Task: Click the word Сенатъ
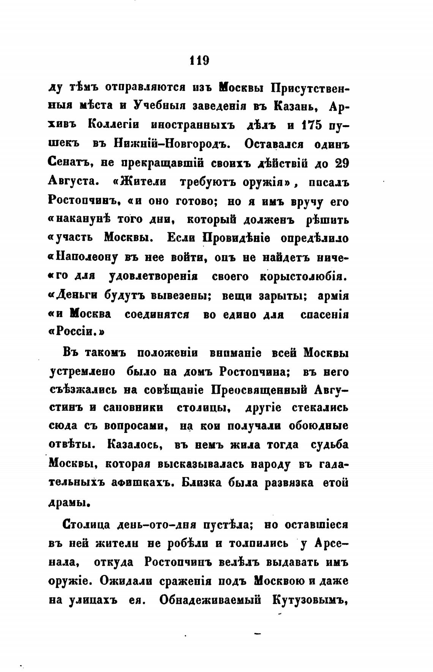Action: pyautogui.click(x=71, y=163)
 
